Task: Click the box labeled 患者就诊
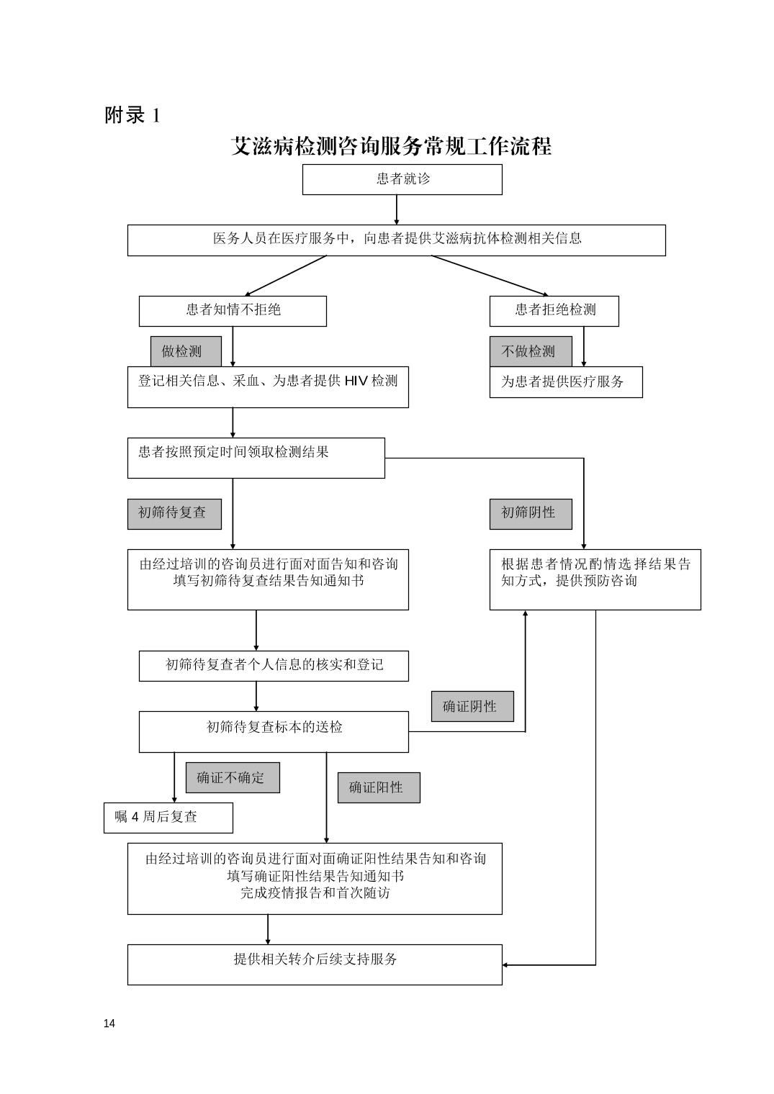402,179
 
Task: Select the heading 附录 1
132,116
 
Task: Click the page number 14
109,1023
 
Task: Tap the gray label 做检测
186,351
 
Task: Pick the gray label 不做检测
531,351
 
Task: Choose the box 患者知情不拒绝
233,311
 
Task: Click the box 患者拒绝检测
554,311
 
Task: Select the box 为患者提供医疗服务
566,382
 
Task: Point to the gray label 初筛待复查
174,514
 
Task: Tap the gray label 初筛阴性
531,514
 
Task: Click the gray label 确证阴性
472,706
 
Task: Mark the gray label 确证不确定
233,777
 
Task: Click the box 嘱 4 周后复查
168,818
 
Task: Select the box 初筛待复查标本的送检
274,731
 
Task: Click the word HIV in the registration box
356,381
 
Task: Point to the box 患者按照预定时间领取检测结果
256,458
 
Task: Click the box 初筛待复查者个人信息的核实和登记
274,666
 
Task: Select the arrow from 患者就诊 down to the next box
396,210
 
